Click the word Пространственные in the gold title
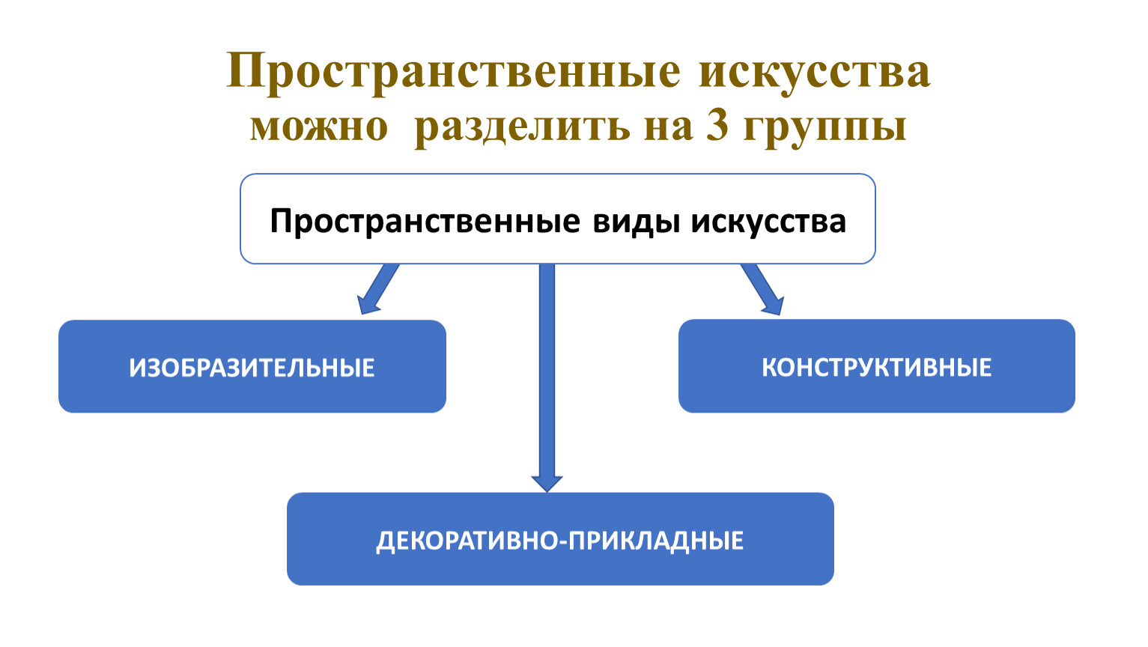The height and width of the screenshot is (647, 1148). tap(454, 73)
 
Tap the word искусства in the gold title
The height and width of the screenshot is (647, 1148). tap(814, 72)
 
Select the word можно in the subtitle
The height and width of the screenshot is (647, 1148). tap(319, 127)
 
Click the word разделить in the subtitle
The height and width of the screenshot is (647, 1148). tap(522, 126)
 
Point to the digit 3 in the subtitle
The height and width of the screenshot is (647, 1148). tap(717, 126)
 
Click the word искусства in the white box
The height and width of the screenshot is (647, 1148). tap(768, 222)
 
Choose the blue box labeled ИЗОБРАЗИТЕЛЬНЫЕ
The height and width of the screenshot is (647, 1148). tap(252, 366)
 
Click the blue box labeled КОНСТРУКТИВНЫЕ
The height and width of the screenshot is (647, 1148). tap(876, 366)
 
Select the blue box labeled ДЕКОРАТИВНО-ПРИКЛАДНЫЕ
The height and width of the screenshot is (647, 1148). tap(560, 538)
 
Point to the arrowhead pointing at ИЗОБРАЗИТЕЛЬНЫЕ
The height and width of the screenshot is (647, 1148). tap(367, 305)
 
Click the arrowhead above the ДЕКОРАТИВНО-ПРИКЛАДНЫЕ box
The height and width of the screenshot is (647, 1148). tap(547, 483)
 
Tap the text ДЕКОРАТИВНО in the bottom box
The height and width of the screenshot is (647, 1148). tap(467, 541)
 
